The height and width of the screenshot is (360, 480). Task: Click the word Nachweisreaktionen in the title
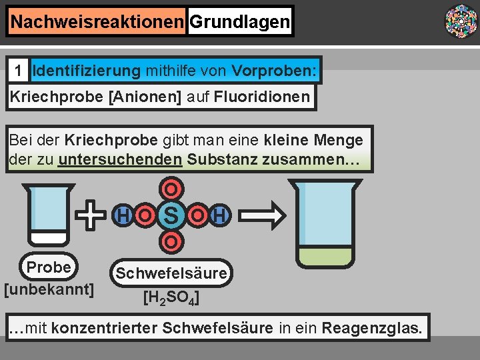coord(97,23)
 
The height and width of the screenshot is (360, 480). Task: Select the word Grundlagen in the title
coord(239,23)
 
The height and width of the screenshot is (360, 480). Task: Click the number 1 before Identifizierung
coord(20,70)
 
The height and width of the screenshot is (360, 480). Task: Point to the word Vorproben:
coord(275,70)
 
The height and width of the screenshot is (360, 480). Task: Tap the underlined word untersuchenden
coord(120,160)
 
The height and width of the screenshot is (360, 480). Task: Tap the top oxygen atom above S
coord(171,189)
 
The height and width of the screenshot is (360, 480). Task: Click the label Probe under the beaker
coord(49,267)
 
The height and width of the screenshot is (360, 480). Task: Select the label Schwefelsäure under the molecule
coord(172,273)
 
